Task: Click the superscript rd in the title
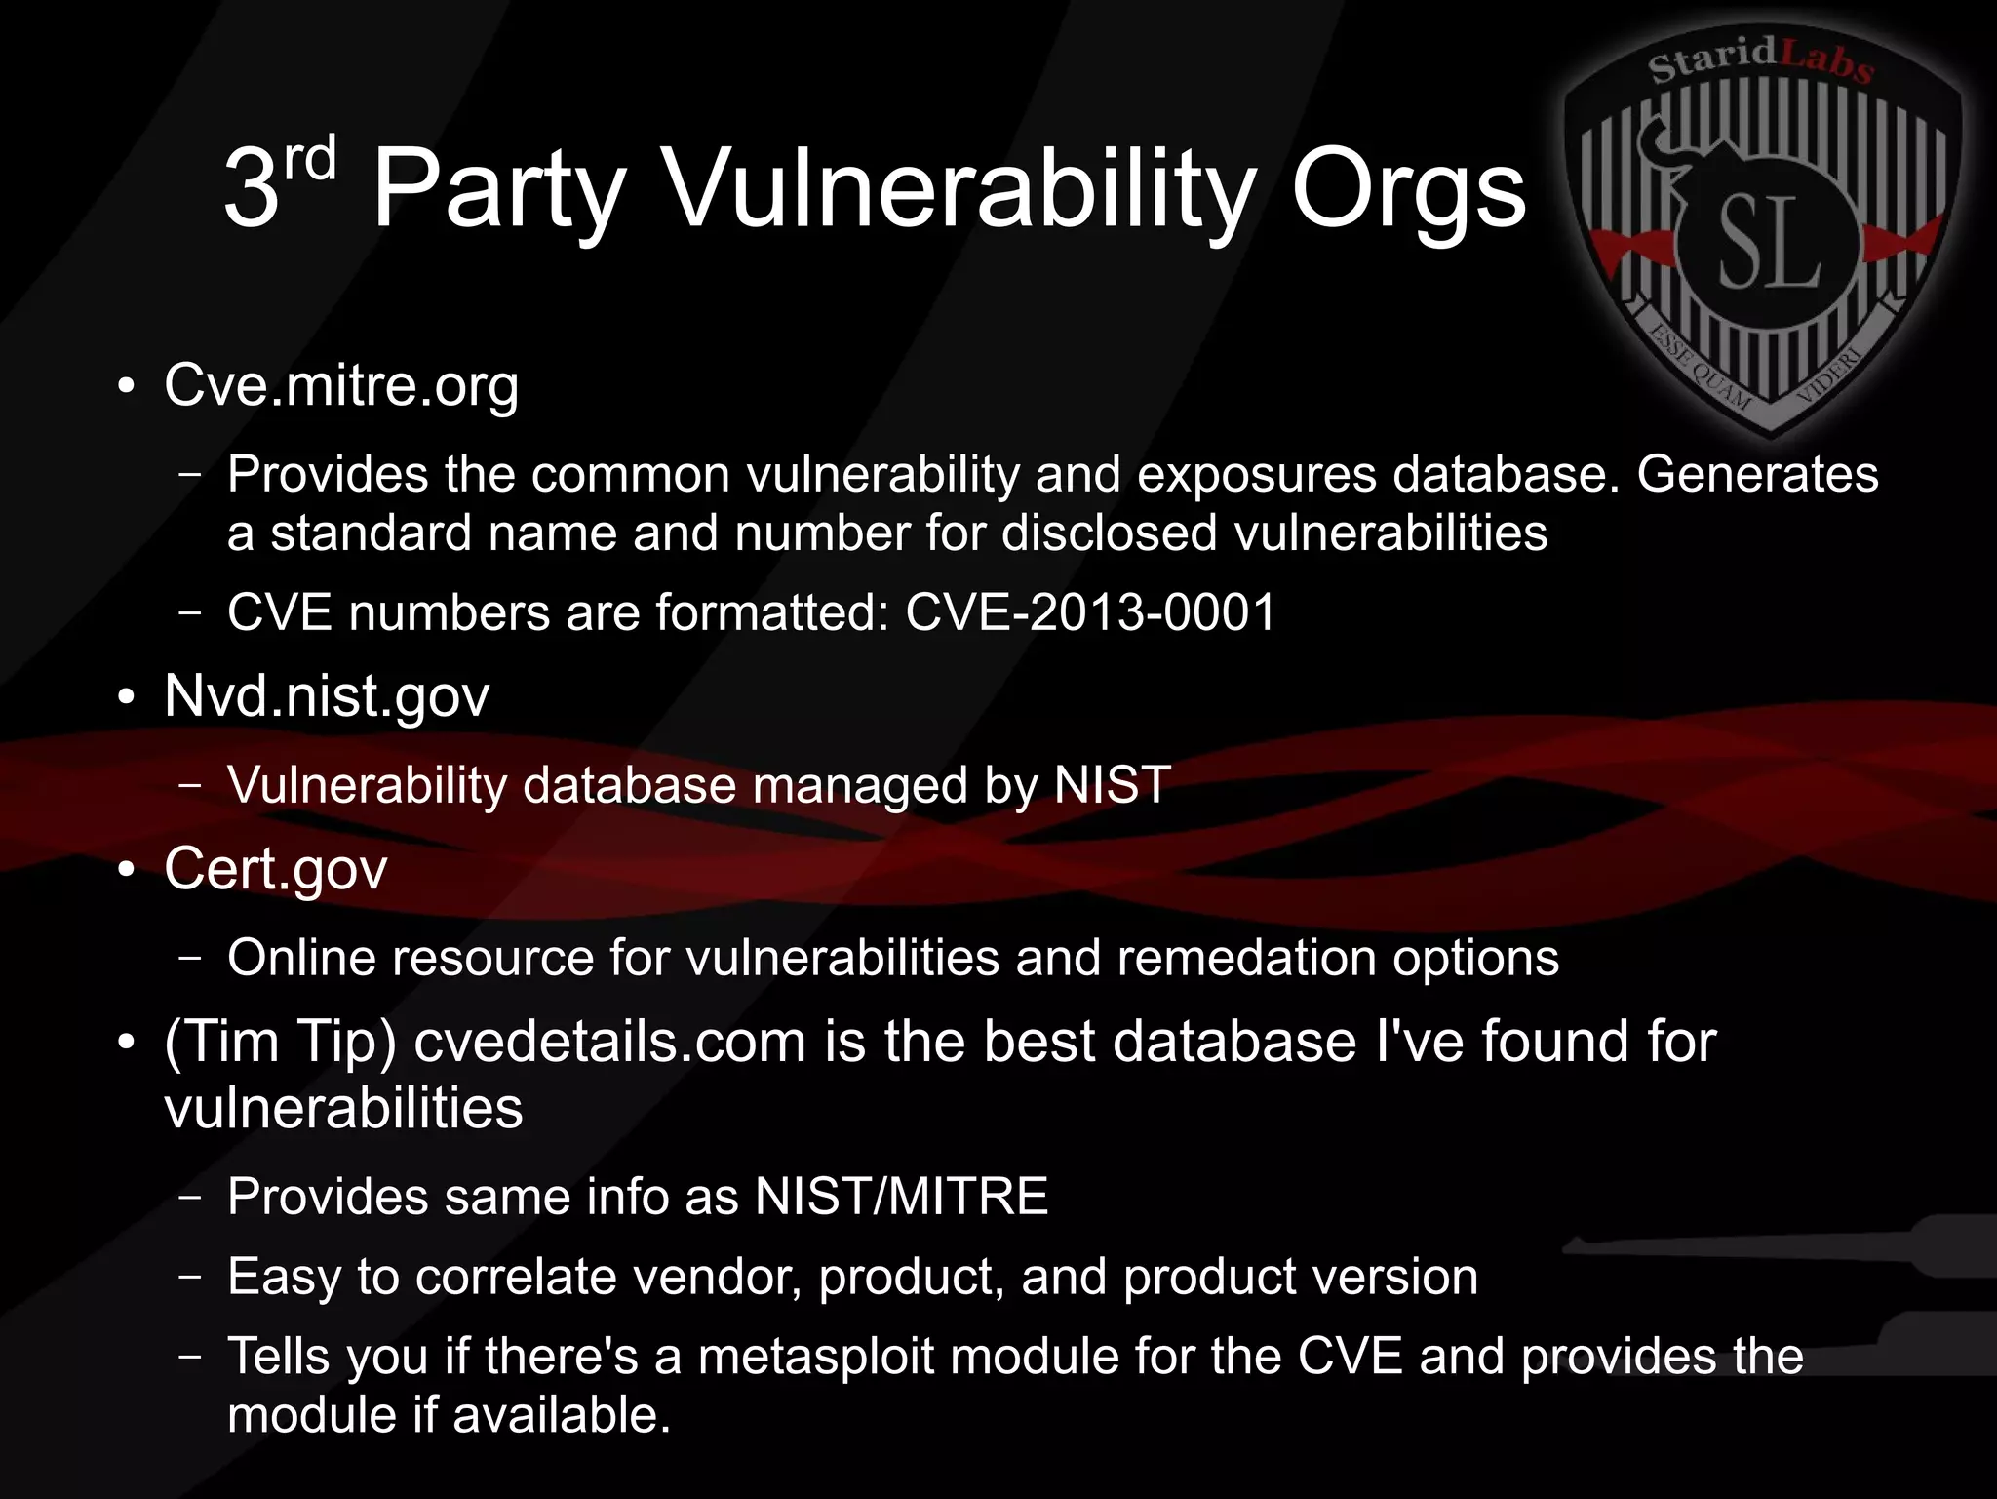(310, 159)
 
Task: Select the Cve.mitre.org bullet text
(341, 386)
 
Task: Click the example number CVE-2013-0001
(1090, 612)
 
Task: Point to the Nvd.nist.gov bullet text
(327, 696)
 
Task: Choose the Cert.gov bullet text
(276, 869)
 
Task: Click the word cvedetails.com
(609, 1042)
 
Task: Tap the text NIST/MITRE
(901, 1196)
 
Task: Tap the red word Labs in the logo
(1825, 60)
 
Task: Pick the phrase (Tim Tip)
(280, 1042)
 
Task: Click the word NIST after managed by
(1112, 785)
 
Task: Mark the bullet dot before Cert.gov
(125, 869)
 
